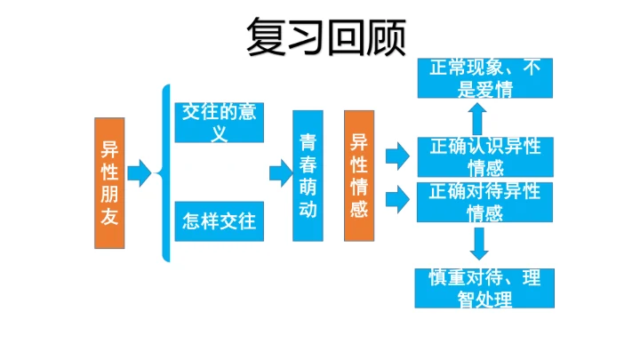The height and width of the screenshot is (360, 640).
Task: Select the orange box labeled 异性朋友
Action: click(x=109, y=183)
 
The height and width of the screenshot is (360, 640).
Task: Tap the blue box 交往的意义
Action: click(x=219, y=123)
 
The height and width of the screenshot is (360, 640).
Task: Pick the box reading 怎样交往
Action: click(x=219, y=220)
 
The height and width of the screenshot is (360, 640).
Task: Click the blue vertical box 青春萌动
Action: click(x=308, y=176)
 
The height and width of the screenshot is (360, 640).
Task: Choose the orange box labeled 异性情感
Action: click(x=359, y=176)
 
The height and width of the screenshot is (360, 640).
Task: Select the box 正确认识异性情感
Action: click(x=484, y=156)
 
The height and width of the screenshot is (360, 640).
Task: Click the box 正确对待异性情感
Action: click(x=484, y=202)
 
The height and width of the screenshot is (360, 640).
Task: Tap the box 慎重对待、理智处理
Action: click(x=484, y=288)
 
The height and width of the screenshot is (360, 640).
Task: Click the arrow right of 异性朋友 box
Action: click(x=140, y=172)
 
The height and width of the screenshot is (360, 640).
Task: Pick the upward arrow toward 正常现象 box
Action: click(x=478, y=117)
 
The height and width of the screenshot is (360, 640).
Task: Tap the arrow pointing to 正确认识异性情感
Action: click(x=396, y=157)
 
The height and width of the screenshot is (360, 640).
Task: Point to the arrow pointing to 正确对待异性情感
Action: click(x=396, y=193)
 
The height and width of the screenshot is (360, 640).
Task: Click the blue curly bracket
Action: click(x=164, y=172)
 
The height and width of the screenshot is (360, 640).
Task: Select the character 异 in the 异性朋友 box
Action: click(x=109, y=148)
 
